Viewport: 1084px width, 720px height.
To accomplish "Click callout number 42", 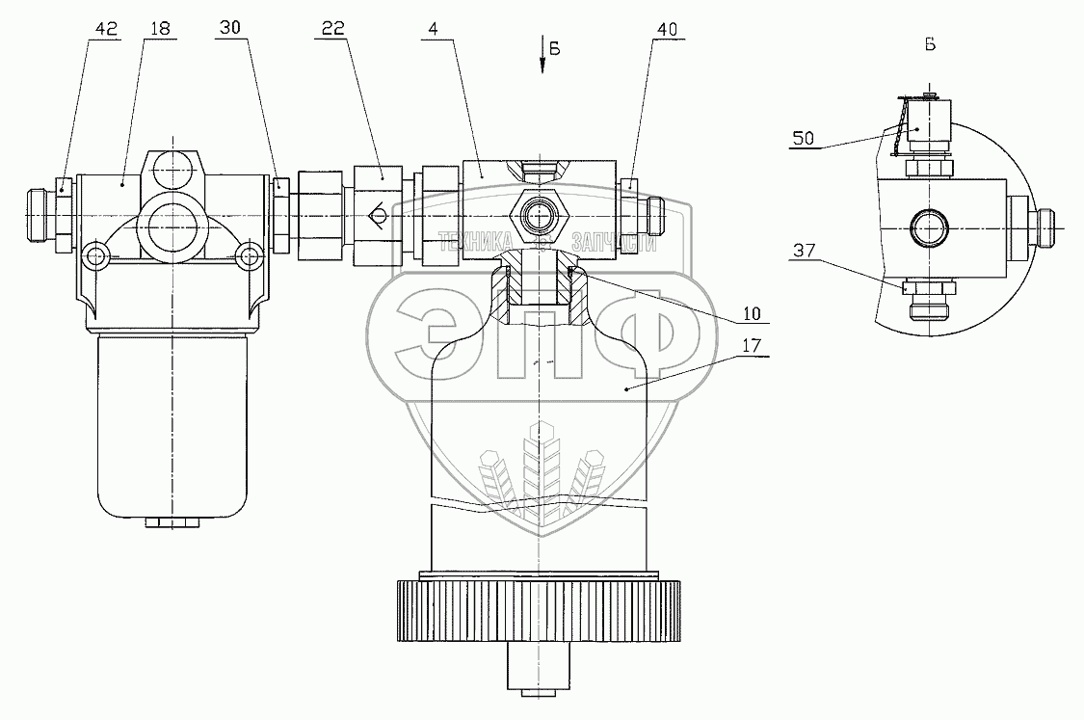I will [x=105, y=29].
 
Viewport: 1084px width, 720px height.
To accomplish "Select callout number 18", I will [x=160, y=29].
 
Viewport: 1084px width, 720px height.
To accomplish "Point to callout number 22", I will [x=332, y=29].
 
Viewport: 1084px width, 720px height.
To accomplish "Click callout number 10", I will [x=751, y=312].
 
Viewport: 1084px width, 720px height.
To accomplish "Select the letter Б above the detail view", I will [x=929, y=44].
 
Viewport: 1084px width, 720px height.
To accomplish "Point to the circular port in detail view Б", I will [x=930, y=228].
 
